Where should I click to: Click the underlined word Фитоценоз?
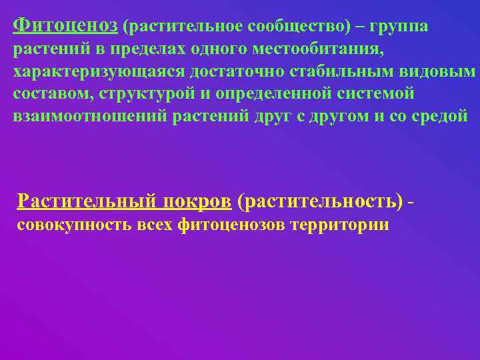coord(65,26)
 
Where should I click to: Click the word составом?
coord(51,94)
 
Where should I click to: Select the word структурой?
coord(148,94)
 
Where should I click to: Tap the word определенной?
coord(278,94)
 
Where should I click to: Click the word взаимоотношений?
coord(90,116)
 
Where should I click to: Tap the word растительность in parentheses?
coord(321,200)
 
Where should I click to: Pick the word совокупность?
coord(74,225)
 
